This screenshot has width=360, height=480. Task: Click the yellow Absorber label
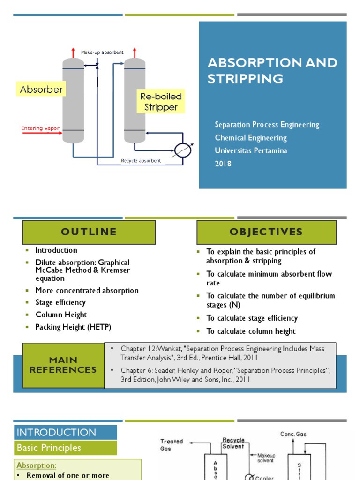click(x=41, y=90)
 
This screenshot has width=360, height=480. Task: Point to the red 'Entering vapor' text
click(x=40, y=128)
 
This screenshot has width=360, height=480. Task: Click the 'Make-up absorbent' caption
click(x=102, y=52)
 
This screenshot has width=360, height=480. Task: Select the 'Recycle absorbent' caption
click(x=141, y=161)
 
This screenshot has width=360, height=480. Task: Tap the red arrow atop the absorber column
click(x=73, y=52)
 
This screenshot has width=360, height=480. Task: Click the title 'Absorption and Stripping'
click(x=272, y=70)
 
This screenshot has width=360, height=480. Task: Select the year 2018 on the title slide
click(x=223, y=164)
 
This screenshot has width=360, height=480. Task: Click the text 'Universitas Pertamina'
click(x=251, y=150)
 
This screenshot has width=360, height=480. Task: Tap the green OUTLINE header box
click(x=89, y=232)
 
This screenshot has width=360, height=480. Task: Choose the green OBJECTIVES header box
click(x=266, y=232)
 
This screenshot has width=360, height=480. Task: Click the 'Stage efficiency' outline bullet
click(x=60, y=302)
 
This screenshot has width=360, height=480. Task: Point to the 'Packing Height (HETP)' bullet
click(x=73, y=327)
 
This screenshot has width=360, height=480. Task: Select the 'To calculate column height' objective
click(x=251, y=331)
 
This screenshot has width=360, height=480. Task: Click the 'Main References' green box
click(x=63, y=365)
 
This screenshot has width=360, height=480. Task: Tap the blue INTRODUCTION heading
click(x=56, y=432)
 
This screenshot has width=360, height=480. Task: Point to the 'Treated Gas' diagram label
click(x=172, y=445)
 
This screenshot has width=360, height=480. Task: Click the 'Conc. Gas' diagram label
click(x=293, y=434)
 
